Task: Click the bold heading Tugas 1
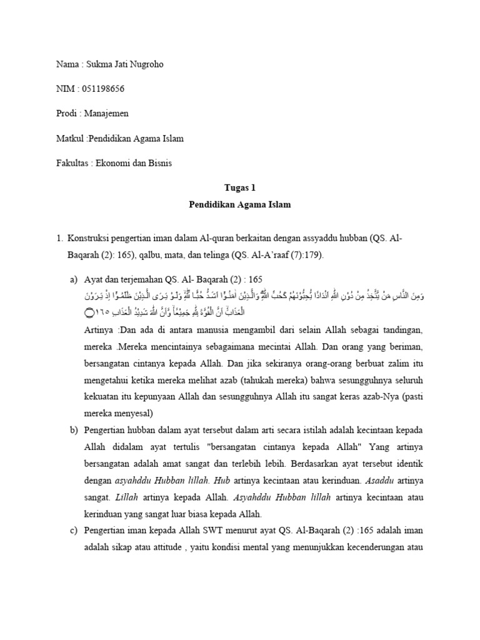click(240, 187)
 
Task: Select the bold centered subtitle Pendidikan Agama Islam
click(240, 204)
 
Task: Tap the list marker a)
click(74, 279)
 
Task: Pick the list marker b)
click(74, 431)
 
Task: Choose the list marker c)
click(74, 531)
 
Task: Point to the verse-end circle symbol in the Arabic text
click(89, 311)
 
